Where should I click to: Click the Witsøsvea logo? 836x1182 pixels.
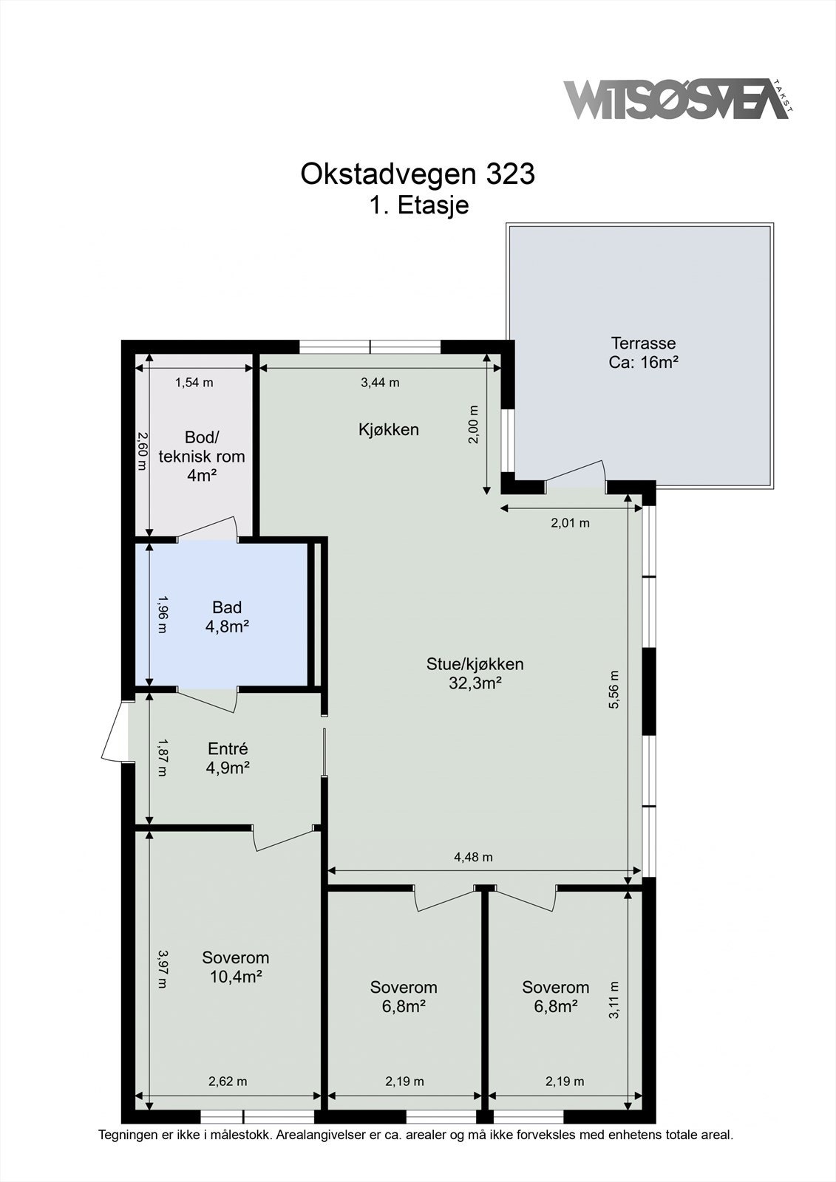pyautogui.click(x=679, y=100)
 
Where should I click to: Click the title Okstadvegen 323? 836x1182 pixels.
pyautogui.click(x=418, y=174)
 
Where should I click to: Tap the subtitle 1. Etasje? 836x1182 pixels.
pyautogui.click(x=419, y=205)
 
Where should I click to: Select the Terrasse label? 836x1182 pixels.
pyautogui.click(x=643, y=352)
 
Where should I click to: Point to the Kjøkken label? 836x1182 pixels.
pyautogui.click(x=389, y=429)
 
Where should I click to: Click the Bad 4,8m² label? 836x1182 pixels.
pyautogui.click(x=227, y=617)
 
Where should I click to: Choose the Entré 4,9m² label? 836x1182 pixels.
pyautogui.click(x=228, y=758)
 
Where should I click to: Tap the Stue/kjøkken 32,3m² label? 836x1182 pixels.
pyautogui.click(x=475, y=673)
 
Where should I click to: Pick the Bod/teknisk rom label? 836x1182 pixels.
pyautogui.click(x=201, y=456)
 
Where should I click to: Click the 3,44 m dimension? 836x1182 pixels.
pyautogui.click(x=380, y=383)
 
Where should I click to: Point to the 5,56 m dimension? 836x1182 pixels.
pyautogui.click(x=614, y=689)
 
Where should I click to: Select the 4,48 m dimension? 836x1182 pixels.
pyautogui.click(x=473, y=857)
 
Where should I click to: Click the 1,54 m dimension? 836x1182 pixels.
pyautogui.click(x=194, y=383)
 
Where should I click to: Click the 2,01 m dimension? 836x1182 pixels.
pyautogui.click(x=571, y=523)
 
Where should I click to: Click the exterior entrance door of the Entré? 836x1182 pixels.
pyautogui.click(x=114, y=731)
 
